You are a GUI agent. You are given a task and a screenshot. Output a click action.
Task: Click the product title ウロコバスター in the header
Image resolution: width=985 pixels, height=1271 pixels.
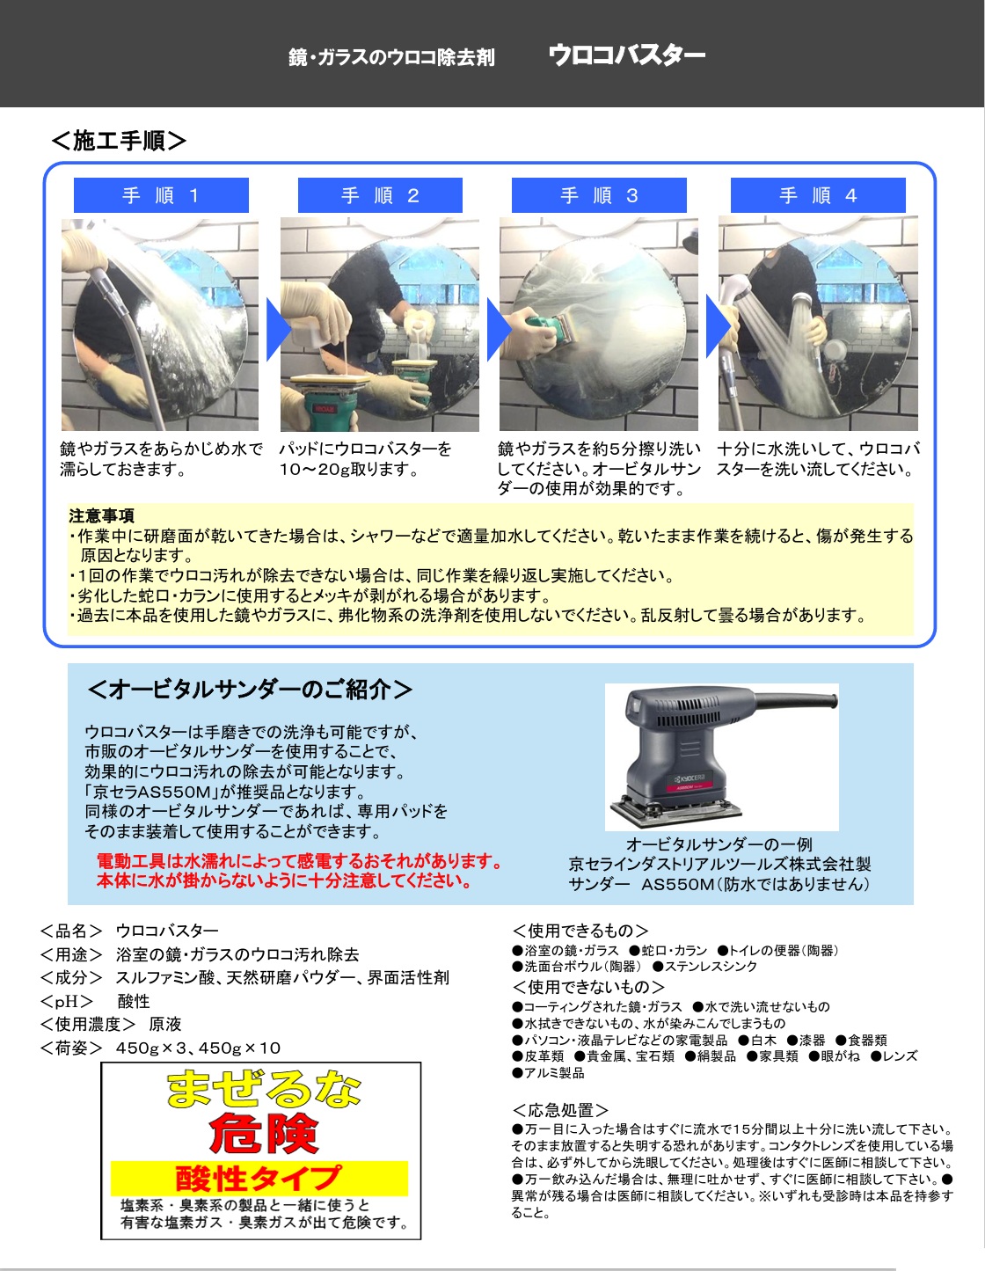(627, 55)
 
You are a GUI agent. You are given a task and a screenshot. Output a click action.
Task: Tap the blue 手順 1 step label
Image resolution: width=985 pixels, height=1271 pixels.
(161, 194)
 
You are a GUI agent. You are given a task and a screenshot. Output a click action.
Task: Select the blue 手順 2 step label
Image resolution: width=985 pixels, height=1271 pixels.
(380, 194)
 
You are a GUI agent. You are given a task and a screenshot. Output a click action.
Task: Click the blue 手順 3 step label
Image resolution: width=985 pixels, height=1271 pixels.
(599, 194)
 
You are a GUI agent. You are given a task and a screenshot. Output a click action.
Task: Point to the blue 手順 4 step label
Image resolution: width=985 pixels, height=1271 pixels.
(818, 194)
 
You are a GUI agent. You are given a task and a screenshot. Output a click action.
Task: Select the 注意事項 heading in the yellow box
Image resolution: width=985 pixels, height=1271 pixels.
(102, 516)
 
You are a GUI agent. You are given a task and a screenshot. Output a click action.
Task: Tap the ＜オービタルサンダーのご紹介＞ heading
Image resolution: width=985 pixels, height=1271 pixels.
(250, 690)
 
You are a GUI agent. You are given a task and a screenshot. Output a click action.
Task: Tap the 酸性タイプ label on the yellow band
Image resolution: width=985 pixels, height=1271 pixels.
(258, 1178)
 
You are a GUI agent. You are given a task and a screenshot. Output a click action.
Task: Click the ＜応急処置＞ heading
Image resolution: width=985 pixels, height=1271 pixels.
(560, 1110)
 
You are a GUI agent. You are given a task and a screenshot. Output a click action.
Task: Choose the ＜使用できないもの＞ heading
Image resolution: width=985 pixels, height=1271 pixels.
(588, 987)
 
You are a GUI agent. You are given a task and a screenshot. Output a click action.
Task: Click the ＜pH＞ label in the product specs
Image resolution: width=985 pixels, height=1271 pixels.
(67, 1001)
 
